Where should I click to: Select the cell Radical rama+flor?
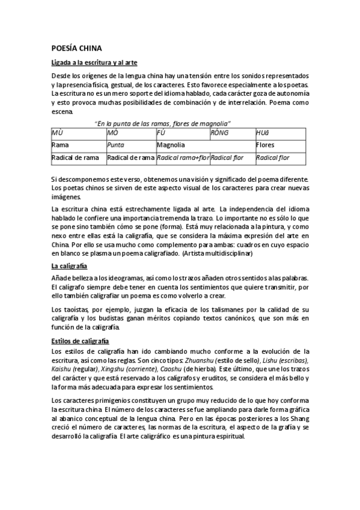[x=183, y=158]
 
